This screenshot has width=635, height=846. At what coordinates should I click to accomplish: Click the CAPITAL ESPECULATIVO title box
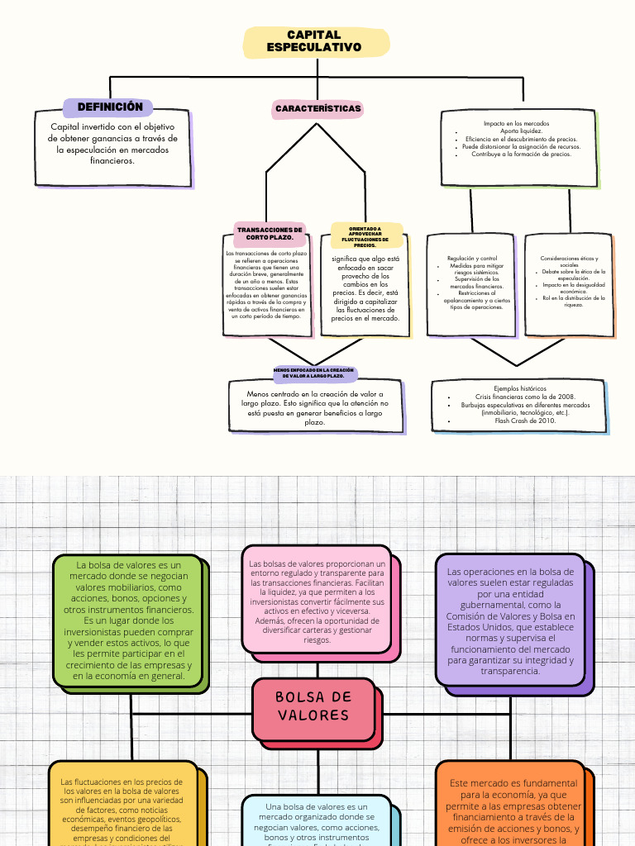tap(314, 41)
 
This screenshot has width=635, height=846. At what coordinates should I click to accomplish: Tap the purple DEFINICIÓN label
tap(110, 107)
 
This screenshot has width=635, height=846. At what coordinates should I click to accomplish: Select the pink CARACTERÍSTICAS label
tap(318, 109)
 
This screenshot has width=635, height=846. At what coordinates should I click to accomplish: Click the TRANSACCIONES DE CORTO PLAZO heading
tap(270, 234)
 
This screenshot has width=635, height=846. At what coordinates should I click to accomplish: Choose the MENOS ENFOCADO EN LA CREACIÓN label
tap(313, 373)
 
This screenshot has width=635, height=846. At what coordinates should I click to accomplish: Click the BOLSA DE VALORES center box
tap(313, 706)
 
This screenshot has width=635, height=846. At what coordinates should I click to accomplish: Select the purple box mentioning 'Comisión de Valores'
tap(510, 620)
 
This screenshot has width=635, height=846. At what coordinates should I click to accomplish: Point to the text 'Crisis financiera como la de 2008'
tap(525, 397)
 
